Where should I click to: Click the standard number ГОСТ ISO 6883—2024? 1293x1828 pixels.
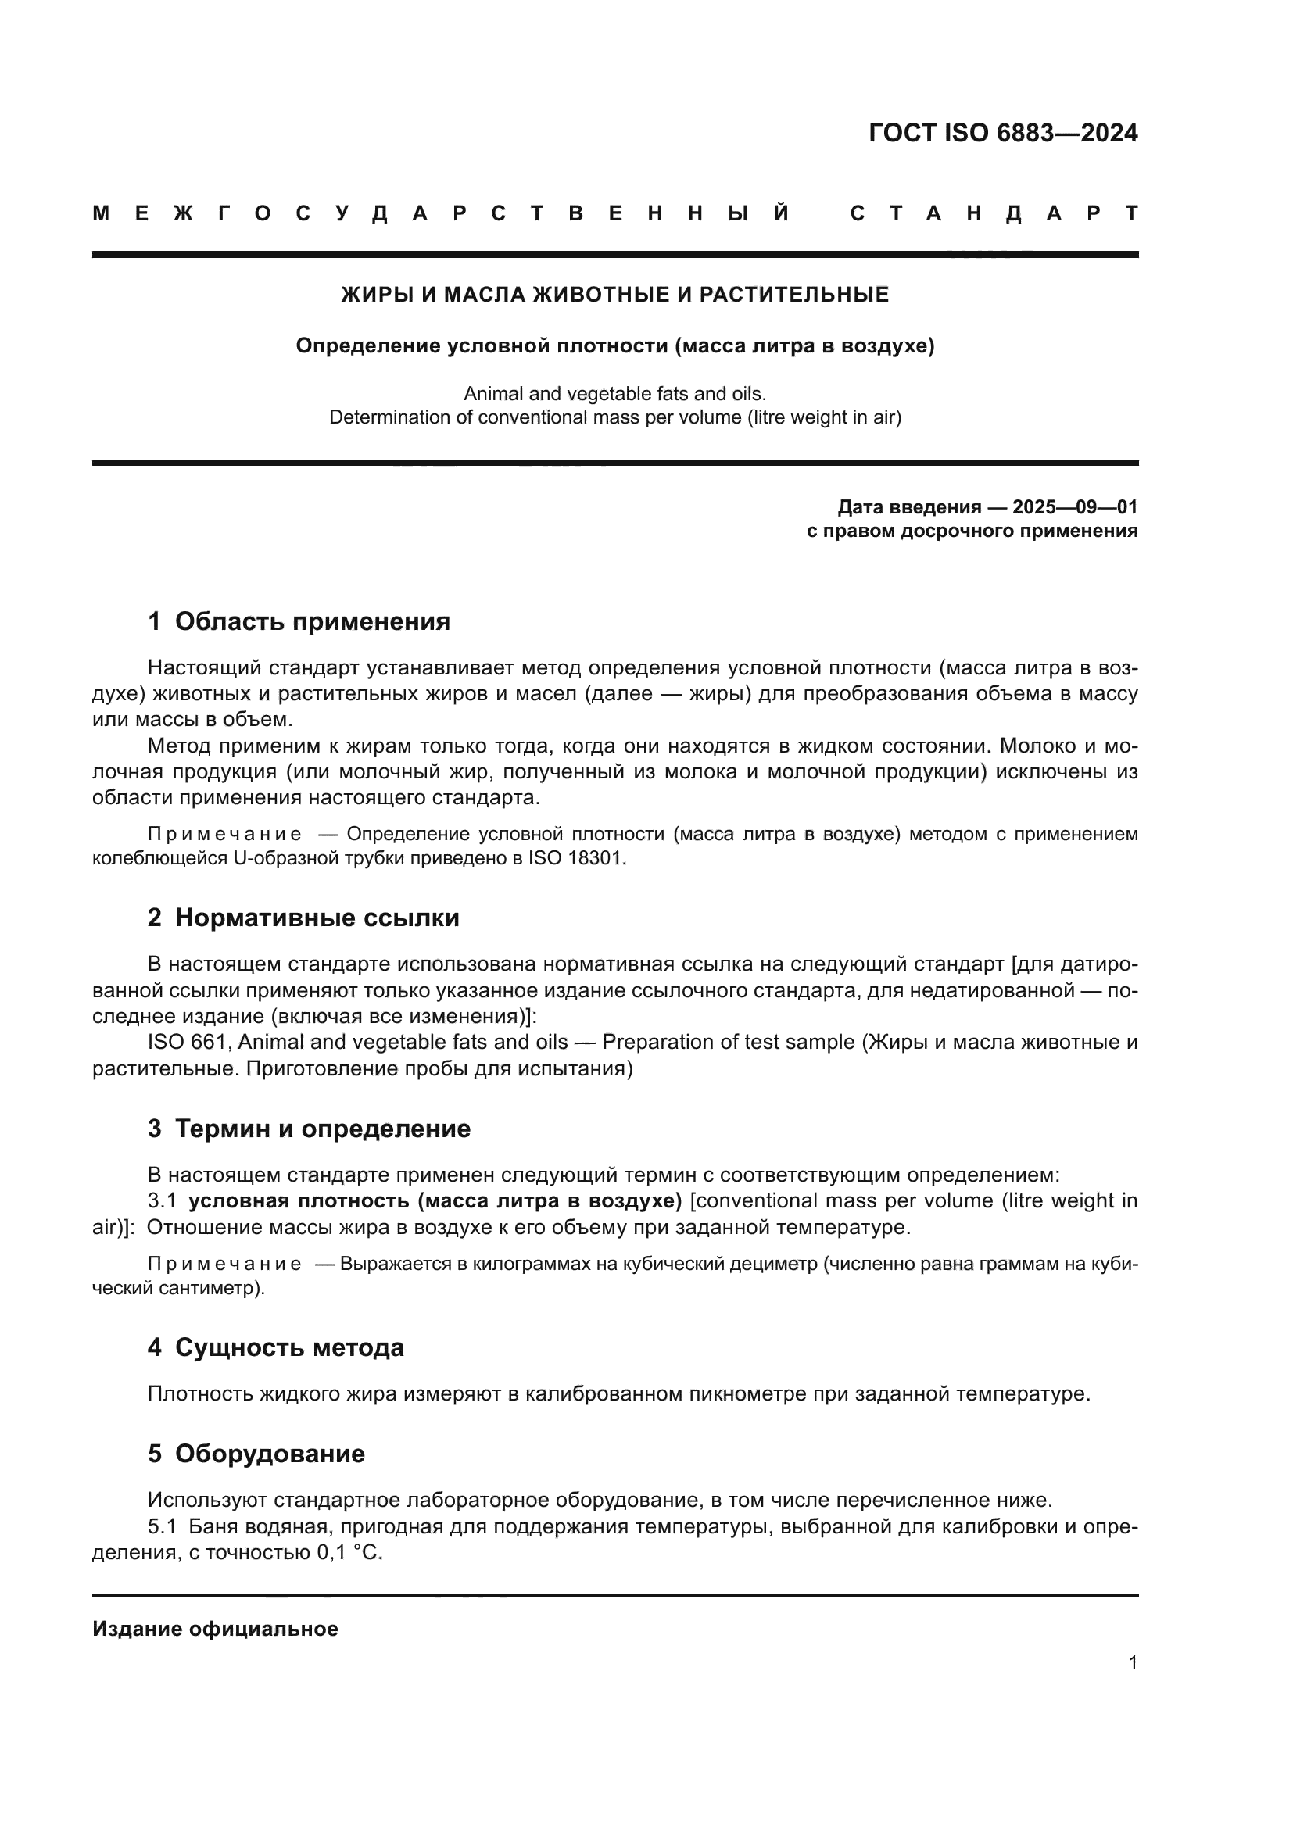click(1002, 133)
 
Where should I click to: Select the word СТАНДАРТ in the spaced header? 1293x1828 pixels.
click(994, 214)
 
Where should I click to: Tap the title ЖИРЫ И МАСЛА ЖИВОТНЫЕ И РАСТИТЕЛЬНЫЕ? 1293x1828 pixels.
click(614, 295)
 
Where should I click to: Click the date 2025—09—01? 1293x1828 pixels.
click(1075, 507)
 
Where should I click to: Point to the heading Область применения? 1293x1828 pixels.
click(312, 622)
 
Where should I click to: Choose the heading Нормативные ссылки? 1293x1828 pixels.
click(317, 918)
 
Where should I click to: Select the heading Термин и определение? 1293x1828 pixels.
click(322, 1129)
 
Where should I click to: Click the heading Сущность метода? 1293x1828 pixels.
click(289, 1348)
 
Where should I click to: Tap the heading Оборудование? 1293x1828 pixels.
click(270, 1454)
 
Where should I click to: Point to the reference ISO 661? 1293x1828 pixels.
click(188, 1043)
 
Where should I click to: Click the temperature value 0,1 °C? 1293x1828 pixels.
click(350, 1554)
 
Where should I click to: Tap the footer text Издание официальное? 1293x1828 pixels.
click(215, 1629)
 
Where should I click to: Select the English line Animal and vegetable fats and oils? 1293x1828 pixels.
click(614, 394)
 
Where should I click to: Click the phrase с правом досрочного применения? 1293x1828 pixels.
click(972, 531)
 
